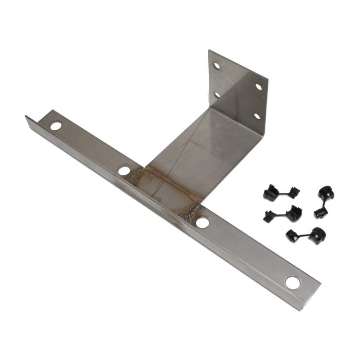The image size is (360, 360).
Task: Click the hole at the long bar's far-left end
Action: click(x=56, y=125)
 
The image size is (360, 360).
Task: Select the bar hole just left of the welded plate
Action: click(x=124, y=170)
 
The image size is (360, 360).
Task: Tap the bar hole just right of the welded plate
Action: click(x=203, y=222)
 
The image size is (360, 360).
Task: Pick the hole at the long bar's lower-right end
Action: click(x=293, y=282)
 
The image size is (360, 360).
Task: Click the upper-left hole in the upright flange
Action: click(x=217, y=66)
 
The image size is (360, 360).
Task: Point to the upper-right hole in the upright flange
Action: click(x=259, y=86)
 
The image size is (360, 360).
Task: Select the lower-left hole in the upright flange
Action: click(x=217, y=95)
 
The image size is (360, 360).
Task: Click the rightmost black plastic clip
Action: click(x=324, y=201)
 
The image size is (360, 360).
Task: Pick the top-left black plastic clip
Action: click(x=280, y=193)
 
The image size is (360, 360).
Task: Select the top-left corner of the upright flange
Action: click(x=209, y=50)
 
